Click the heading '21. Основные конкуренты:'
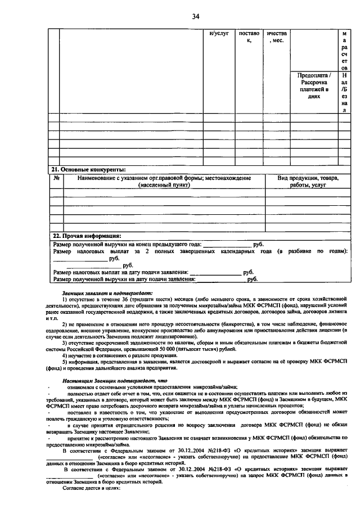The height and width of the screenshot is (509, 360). click(x=89, y=169)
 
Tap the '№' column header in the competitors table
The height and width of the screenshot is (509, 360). click(x=56, y=178)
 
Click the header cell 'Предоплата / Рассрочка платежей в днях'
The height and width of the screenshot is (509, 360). click(x=313, y=85)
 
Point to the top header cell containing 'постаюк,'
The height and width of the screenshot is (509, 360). click(x=248, y=37)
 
